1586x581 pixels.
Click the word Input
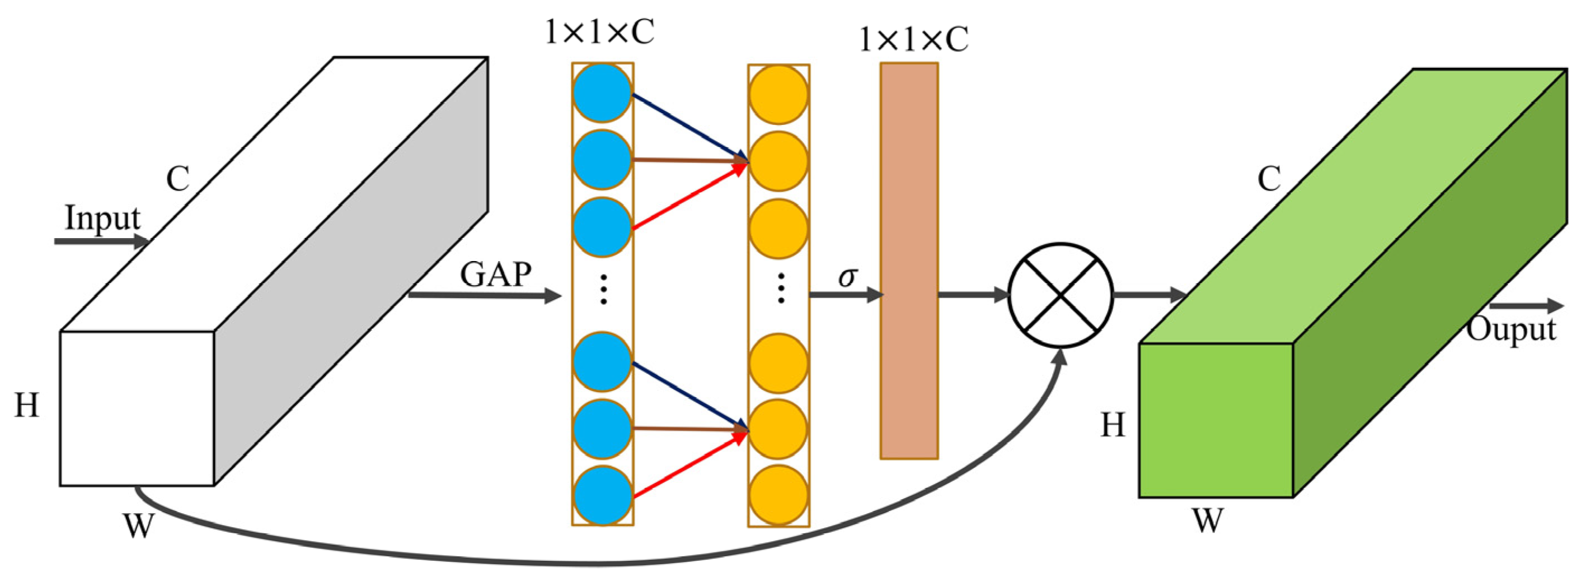pos(102,218)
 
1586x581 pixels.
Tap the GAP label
pos(495,275)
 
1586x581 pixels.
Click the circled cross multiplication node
pos(1060,295)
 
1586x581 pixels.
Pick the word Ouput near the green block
pos(1511,328)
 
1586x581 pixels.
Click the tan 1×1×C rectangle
pos(909,261)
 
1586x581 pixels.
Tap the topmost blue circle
pos(602,93)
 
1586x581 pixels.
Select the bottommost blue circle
pos(602,495)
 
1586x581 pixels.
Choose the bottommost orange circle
pos(778,495)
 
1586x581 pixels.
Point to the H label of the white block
pos(27,406)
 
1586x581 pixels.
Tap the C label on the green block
pos(1269,179)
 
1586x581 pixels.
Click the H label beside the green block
pos(1113,425)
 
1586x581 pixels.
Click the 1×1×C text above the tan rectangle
pos(913,39)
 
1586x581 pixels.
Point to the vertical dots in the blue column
pos(603,290)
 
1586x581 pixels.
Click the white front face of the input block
pos(137,408)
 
